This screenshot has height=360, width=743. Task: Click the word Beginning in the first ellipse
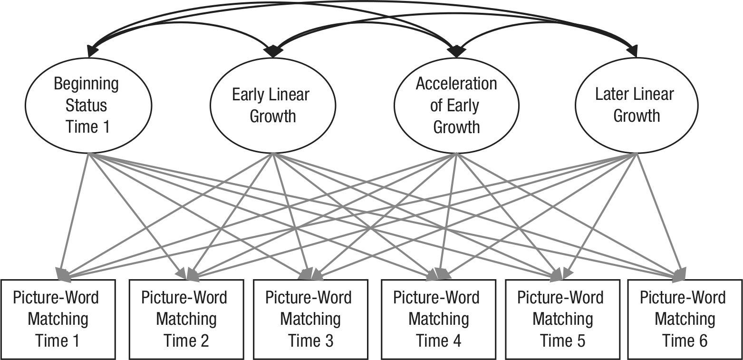tap(86, 84)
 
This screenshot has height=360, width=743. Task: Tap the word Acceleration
tap(456, 83)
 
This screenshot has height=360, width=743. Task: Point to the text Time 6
tap(685, 341)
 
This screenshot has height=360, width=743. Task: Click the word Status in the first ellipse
tap(86, 106)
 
